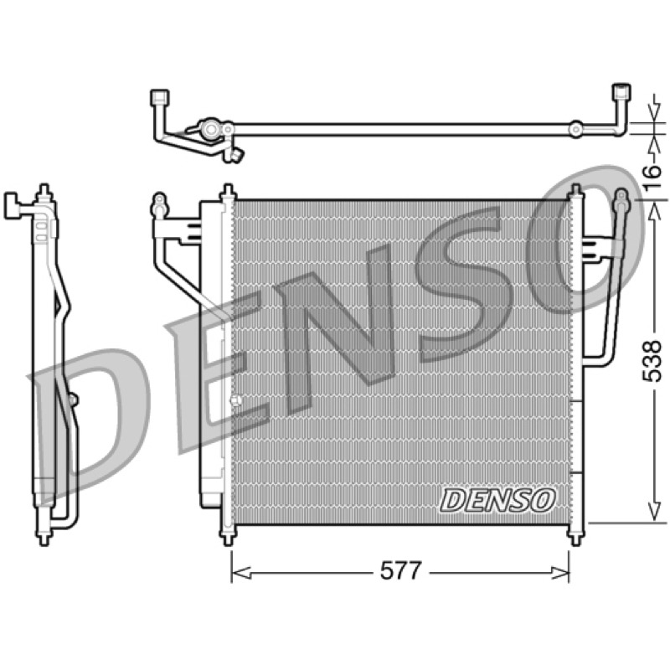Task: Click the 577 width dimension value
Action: click(401, 570)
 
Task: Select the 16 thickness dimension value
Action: click(652, 178)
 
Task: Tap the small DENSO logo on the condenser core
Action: click(497, 500)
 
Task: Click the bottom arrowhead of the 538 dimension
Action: click(654, 512)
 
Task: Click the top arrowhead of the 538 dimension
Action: click(654, 211)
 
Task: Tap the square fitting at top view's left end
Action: click(160, 97)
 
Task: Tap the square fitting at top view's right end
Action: click(621, 92)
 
